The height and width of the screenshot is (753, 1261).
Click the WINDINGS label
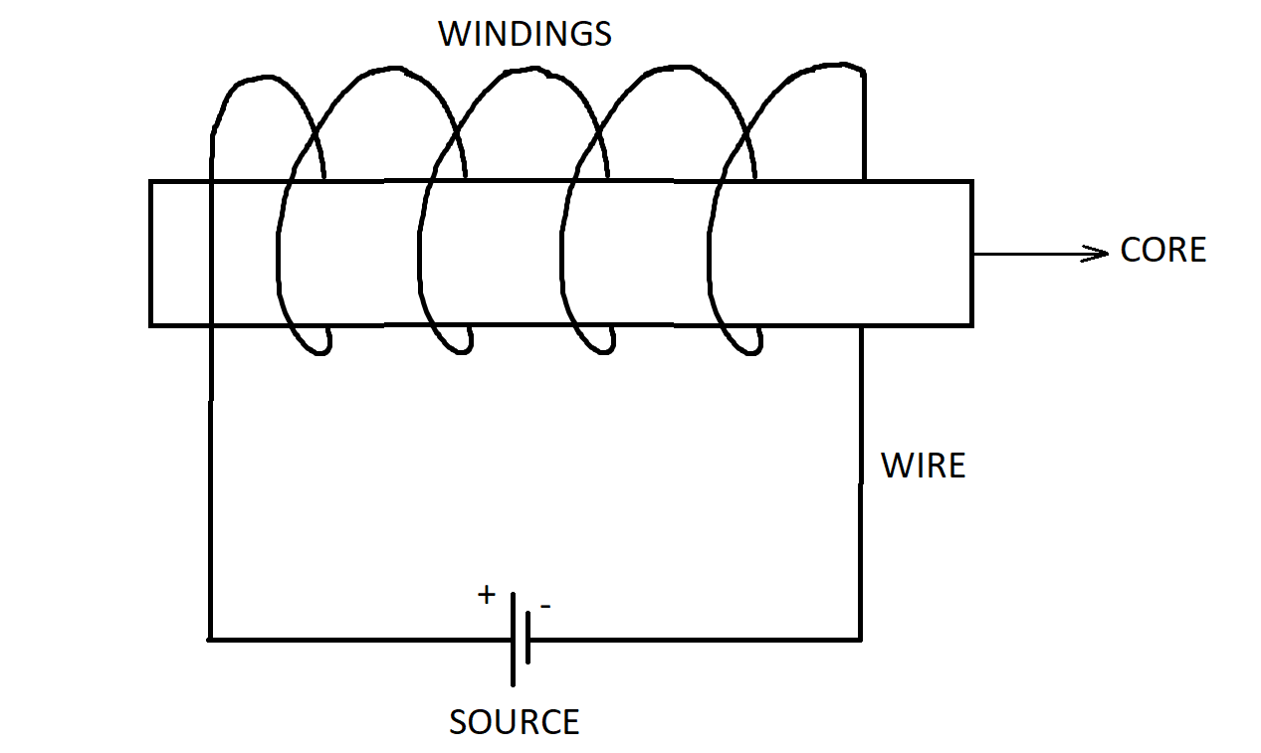point(525,34)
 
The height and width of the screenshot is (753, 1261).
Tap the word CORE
point(1162,250)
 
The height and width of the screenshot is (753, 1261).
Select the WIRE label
point(923,465)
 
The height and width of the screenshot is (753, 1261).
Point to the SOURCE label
point(514,721)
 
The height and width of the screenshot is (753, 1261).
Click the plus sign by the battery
point(486,596)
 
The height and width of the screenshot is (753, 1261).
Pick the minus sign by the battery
point(544,604)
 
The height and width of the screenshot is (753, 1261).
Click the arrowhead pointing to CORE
point(1099,254)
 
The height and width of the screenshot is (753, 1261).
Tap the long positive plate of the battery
point(513,639)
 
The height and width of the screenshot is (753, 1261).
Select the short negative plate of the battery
point(528,639)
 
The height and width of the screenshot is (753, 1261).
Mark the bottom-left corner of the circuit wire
point(211,639)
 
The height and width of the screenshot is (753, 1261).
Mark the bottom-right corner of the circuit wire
point(860,639)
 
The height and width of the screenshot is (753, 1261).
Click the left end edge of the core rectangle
point(151,254)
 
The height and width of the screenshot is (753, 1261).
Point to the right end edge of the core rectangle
point(970,254)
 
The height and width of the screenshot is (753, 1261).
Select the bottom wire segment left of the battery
point(358,639)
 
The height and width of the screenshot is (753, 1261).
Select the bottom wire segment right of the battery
point(697,639)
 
